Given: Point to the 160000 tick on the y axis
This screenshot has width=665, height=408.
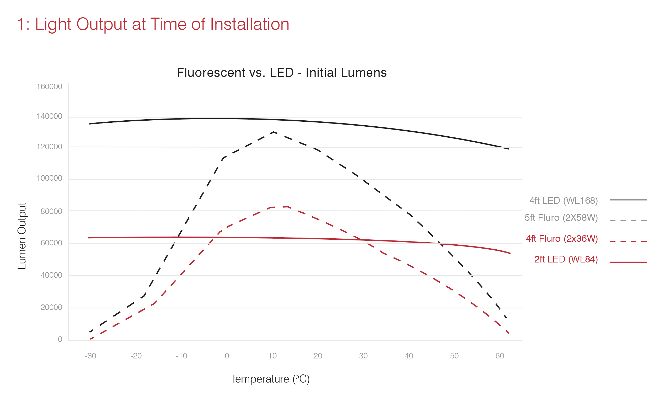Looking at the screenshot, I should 49,87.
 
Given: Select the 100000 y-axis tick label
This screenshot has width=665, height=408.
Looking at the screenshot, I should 49,178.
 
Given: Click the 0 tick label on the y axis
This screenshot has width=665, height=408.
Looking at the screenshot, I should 60,339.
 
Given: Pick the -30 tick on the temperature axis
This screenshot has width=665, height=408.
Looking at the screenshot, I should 90,356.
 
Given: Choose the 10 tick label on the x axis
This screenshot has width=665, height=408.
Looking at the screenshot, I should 272,356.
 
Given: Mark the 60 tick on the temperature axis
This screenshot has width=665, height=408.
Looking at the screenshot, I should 500,356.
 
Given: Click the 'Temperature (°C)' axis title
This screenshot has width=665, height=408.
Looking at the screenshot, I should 270,379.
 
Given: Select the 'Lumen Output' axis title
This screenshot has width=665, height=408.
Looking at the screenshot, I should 22,236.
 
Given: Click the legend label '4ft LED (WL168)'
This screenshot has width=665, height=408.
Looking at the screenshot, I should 563,201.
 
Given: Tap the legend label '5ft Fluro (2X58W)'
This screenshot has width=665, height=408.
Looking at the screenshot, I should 561,217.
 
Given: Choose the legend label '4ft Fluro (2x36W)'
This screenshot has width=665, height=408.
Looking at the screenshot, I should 562,239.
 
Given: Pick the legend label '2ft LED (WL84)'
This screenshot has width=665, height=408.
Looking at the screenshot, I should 566,259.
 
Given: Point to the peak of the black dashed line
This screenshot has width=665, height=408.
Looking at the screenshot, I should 274,132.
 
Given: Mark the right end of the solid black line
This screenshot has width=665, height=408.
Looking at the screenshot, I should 508,149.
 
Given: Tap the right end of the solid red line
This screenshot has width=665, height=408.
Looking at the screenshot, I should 510,253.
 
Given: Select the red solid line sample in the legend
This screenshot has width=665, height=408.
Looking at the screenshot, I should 628,262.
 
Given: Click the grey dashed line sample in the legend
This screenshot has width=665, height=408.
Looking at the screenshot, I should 628,221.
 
